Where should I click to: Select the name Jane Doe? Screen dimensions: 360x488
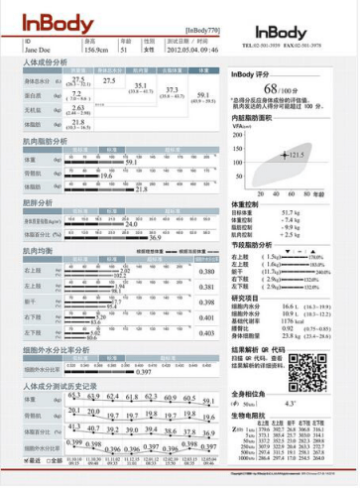tap(38, 48)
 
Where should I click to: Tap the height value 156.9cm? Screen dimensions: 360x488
tap(96, 48)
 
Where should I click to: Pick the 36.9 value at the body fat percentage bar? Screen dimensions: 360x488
tap(155, 238)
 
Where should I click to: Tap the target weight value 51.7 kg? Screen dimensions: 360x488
tap(290, 212)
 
